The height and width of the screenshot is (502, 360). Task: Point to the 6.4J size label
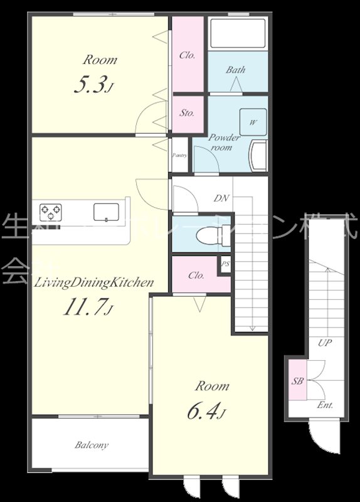(x=206, y=412)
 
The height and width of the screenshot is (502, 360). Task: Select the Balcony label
(x=92, y=445)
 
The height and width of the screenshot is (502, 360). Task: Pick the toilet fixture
(x=206, y=236)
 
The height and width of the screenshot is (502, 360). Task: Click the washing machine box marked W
(x=252, y=122)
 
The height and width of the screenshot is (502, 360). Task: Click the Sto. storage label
(x=187, y=114)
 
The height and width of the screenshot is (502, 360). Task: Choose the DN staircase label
(x=221, y=198)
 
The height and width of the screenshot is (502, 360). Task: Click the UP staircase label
(x=324, y=343)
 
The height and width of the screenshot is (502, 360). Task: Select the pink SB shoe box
(x=297, y=380)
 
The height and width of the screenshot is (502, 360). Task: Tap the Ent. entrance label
(x=325, y=405)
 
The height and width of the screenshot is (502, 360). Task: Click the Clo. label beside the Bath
(x=188, y=55)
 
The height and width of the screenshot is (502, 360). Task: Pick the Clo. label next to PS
(x=196, y=275)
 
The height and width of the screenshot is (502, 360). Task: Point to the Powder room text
(x=224, y=142)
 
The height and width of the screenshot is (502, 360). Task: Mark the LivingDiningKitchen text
(x=94, y=283)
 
